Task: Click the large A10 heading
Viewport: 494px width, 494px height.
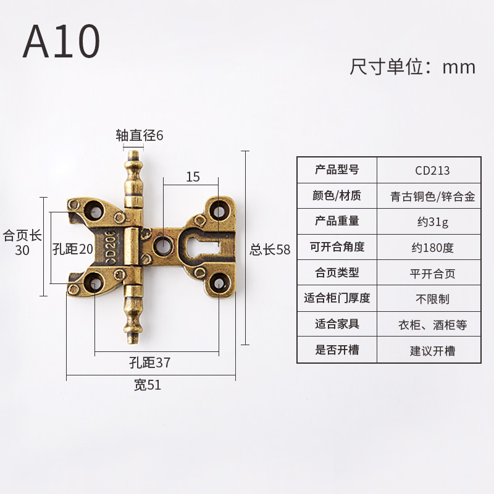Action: coord(61,42)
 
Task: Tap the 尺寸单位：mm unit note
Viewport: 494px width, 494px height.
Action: coord(412,67)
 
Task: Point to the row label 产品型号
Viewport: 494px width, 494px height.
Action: coord(337,170)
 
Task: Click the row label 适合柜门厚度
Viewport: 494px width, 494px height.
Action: coord(337,298)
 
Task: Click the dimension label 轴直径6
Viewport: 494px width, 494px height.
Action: coord(140,135)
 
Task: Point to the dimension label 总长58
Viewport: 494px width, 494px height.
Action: coord(270,249)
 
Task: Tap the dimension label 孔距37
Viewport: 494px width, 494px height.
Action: coord(151,363)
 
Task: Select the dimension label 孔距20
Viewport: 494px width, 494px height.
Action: coord(72,249)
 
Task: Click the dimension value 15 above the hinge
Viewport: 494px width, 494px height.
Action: coord(193,177)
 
